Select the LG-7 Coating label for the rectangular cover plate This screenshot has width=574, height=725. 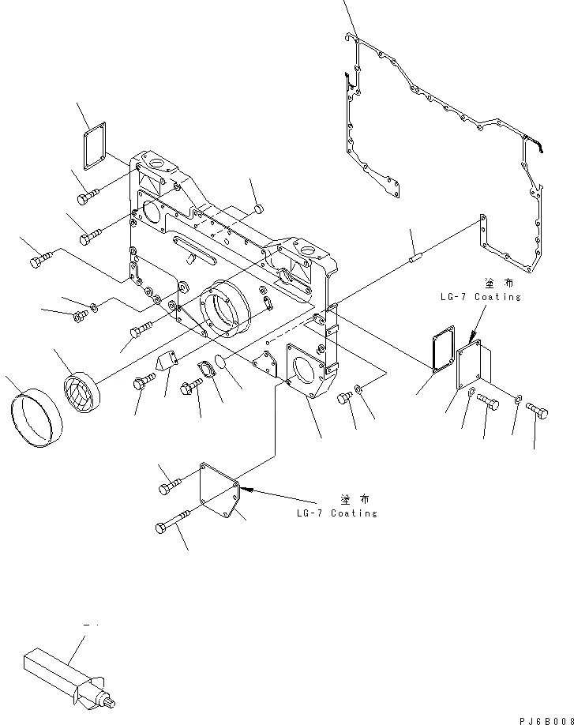point(481,297)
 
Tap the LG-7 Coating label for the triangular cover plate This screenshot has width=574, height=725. point(337,513)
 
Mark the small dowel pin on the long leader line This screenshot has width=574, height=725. point(414,256)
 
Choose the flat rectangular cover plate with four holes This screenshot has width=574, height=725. point(474,368)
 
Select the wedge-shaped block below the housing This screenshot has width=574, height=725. point(167,362)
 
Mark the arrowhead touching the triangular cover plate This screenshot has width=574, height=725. point(246,489)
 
